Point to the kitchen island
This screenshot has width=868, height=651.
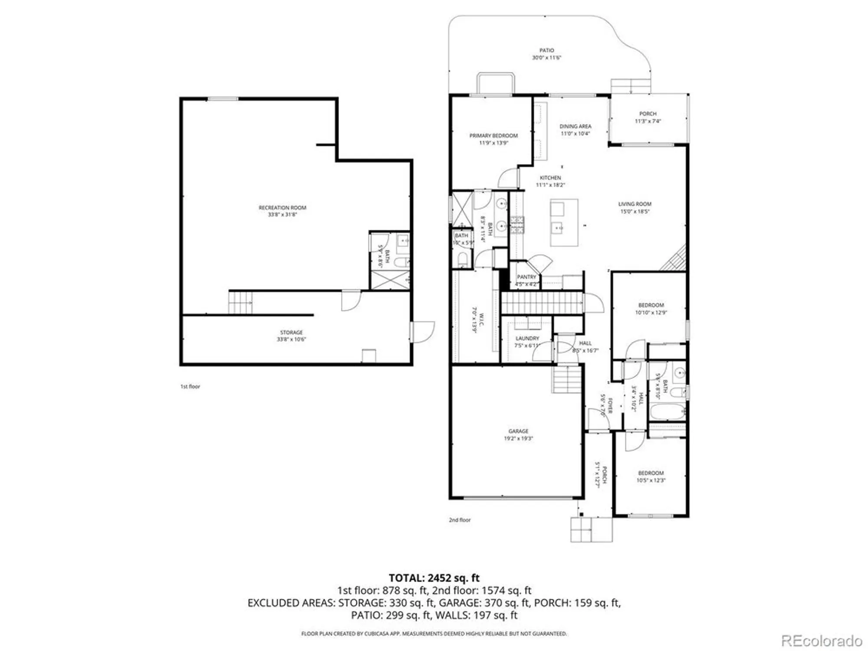564,222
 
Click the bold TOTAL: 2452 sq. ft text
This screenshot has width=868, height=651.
434,578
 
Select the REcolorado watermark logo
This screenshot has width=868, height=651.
822,641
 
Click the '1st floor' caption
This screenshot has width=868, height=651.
190,386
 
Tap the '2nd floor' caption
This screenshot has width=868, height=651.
460,519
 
